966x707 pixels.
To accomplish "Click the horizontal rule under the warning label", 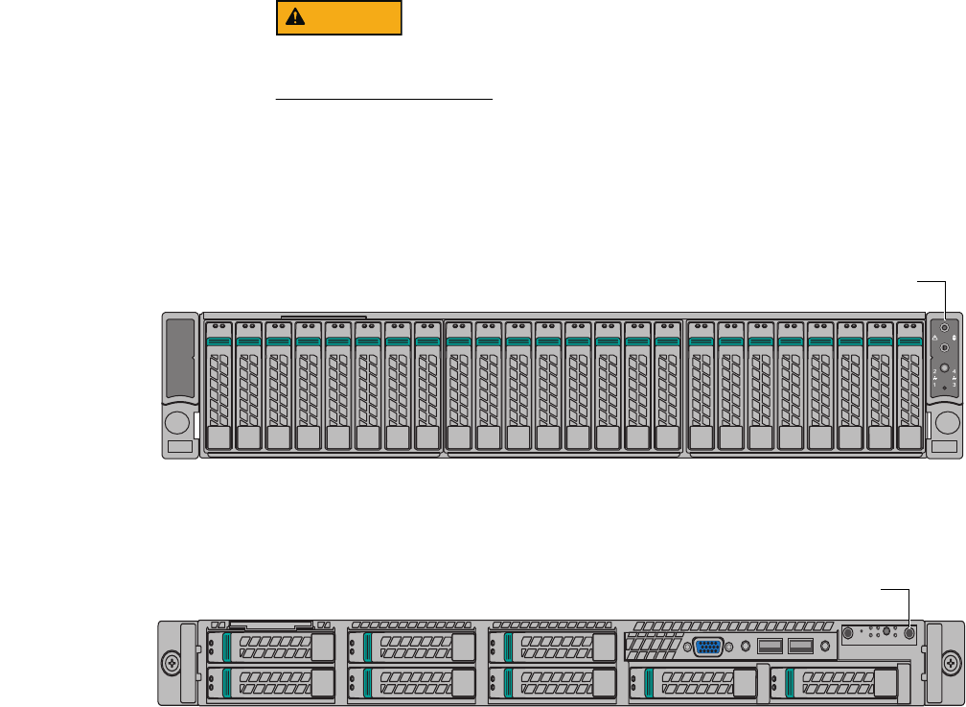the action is click(383, 98).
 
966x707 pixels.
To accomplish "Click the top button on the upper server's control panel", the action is click(945, 327).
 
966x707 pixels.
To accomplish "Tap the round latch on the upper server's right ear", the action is click(946, 423).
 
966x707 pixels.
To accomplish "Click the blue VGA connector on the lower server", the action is click(707, 646).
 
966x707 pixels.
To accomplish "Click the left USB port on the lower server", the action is click(770, 646).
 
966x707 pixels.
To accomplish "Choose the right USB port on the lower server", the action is click(800, 646).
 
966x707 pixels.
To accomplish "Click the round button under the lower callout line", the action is click(908, 633).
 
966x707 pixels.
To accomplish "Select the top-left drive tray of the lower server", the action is click(271, 647).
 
